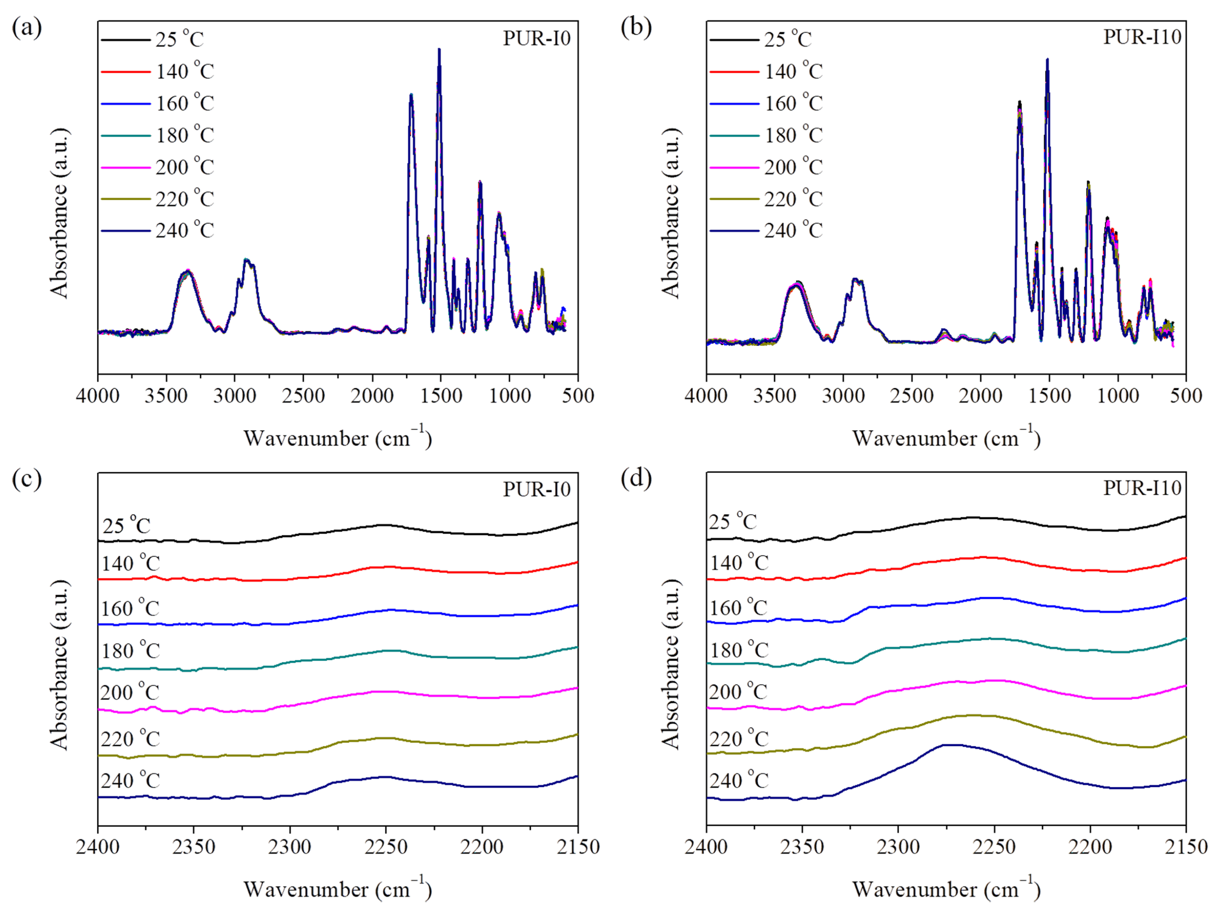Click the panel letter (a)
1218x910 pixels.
click(x=26, y=28)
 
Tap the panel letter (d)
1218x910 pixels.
click(x=636, y=478)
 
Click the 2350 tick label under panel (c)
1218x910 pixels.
click(x=194, y=847)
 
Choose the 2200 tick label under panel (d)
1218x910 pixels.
click(x=1090, y=847)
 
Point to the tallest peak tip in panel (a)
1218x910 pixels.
click(x=439, y=49)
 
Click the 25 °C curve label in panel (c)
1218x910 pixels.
click(x=126, y=525)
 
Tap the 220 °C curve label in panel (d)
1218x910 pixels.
click(x=738, y=738)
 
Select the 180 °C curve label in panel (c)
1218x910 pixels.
click(x=130, y=651)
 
